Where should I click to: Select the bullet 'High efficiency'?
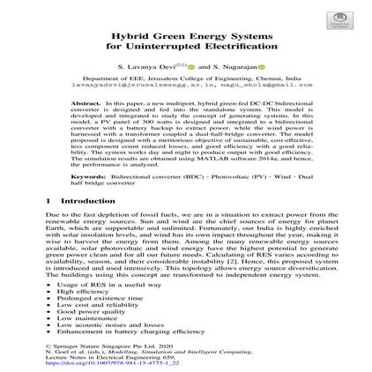(83, 291)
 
